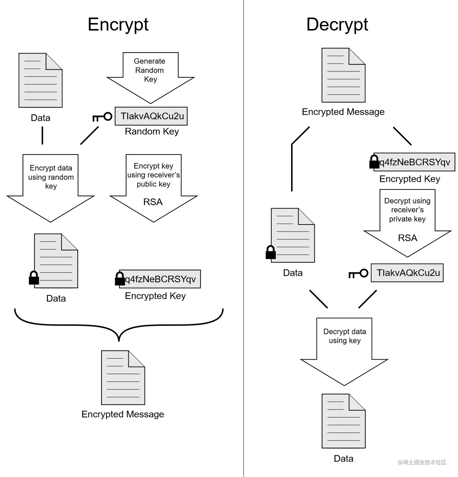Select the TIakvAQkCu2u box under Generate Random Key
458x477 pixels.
point(151,116)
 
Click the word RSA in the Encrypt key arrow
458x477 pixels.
point(153,202)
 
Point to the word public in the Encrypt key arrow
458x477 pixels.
point(147,184)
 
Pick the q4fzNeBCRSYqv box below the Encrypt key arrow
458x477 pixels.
point(160,279)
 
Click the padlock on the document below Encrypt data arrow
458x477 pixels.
point(35,278)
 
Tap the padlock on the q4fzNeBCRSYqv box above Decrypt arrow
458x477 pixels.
point(376,162)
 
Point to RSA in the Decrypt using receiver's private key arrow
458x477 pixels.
point(407,238)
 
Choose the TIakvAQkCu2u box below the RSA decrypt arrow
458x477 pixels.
point(407,273)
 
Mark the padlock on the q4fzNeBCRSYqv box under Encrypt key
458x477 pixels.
point(121,278)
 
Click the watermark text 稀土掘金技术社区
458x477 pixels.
point(422,462)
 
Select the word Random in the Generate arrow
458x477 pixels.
point(149,70)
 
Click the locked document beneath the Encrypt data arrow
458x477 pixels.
point(56,261)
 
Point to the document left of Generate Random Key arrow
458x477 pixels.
point(41,81)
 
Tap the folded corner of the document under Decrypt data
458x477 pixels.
point(357,402)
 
